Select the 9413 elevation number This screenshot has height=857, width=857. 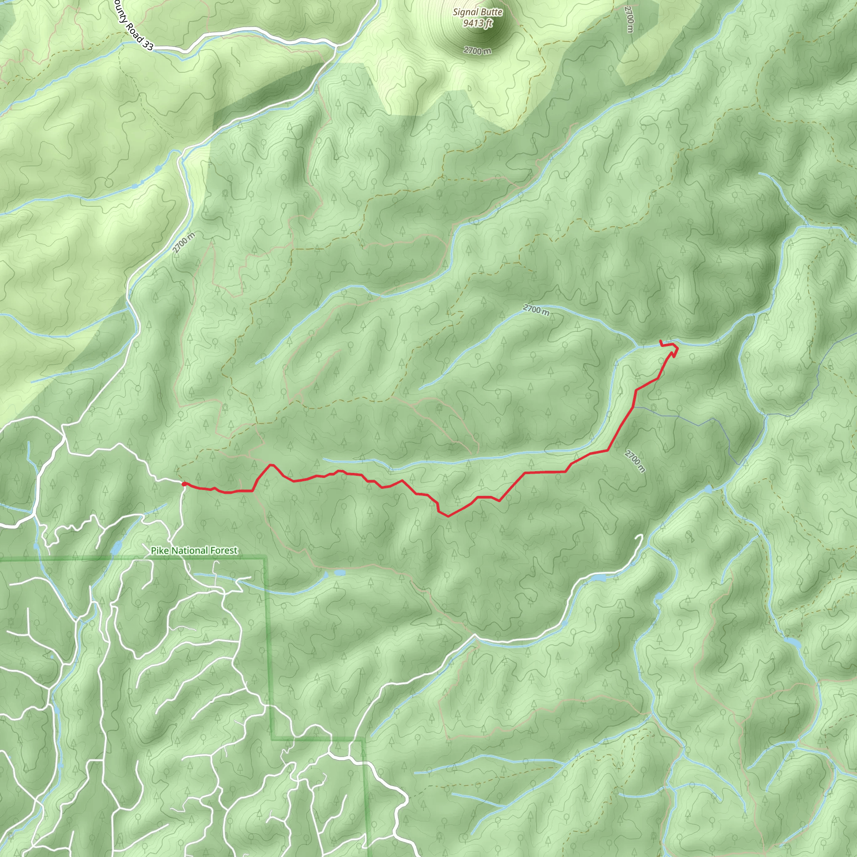pos(472,23)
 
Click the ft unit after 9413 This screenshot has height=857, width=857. pos(488,23)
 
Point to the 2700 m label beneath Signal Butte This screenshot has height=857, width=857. pos(478,51)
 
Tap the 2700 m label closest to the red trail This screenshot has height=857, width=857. pos(635,461)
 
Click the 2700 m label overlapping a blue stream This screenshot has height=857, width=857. pos(536,310)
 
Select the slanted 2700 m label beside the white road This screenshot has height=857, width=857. pos(184,243)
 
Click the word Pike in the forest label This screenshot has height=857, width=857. pos(160,551)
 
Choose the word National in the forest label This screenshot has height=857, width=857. pos(191,551)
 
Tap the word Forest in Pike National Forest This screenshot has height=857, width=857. pos(224,551)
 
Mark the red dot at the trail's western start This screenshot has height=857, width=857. pos(184,485)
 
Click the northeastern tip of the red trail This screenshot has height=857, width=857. pos(661,340)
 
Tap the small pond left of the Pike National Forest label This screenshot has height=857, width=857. pos(115,548)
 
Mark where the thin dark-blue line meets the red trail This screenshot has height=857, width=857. pos(633,407)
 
